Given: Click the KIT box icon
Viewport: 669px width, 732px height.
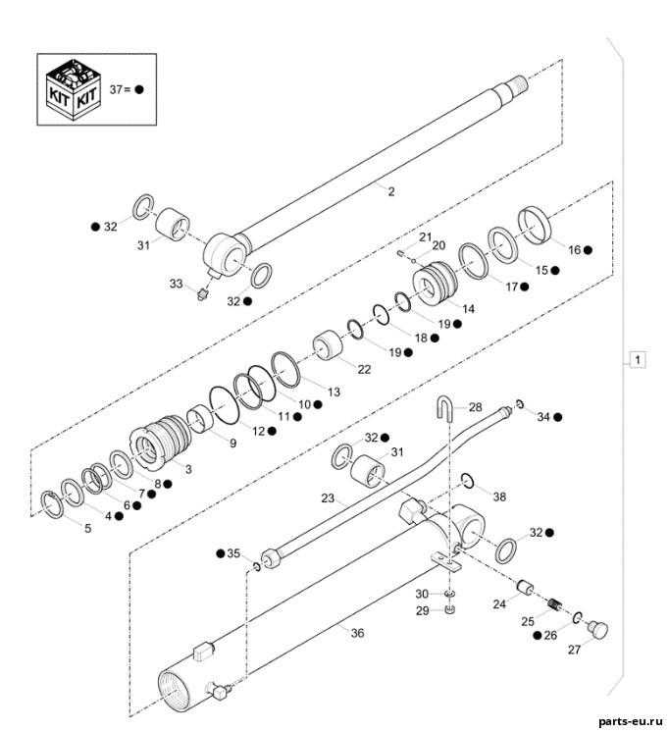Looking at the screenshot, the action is (x=74, y=90).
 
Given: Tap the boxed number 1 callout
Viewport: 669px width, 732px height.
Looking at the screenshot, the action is (x=638, y=360).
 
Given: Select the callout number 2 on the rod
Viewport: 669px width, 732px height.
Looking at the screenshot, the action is (x=391, y=191).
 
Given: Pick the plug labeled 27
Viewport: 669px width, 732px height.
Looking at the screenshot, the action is (x=597, y=630).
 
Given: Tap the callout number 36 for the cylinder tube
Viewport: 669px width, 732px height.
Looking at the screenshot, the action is (x=357, y=633).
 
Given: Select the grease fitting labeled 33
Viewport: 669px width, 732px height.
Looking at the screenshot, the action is (x=202, y=294).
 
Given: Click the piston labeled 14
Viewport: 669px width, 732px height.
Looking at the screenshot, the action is (x=436, y=284).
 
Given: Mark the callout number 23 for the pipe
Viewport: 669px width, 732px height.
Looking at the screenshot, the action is (x=328, y=498).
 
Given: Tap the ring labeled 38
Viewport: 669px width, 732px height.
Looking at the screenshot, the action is (x=468, y=480).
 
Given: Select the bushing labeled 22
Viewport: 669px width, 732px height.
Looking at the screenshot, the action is (x=328, y=345).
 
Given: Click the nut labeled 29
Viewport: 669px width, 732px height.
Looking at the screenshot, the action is (x=450, y=609).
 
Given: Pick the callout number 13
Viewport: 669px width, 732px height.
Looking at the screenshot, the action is (x=334, y=392).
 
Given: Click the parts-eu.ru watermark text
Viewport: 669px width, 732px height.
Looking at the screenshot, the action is (x=630, y=722).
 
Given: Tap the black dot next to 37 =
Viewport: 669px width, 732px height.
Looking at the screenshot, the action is (x=139, y=89).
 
